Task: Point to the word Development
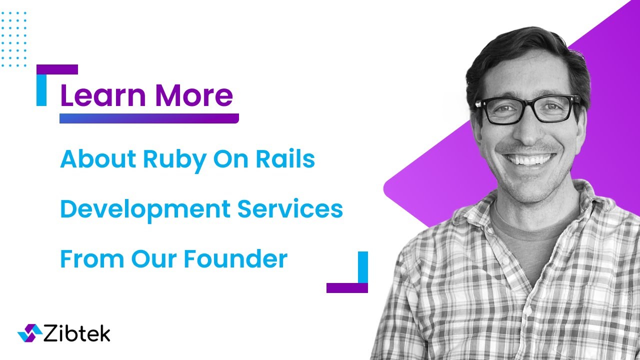pos(144,209)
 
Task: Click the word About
pos(97,159)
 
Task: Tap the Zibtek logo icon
pos(29,332)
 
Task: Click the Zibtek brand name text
pos(77,333)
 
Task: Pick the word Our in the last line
pos(153,259)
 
